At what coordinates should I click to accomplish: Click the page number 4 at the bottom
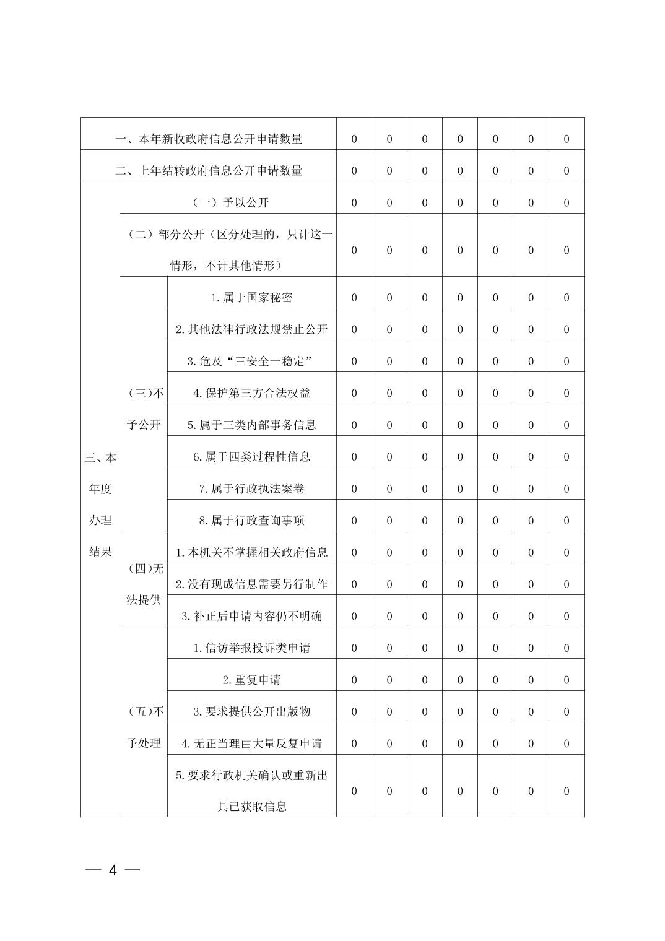click(x=113, y=870)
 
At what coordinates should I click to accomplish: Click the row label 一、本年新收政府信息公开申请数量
click(x=209, y=139)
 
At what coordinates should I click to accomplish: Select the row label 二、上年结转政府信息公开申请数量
click(x=209, y=171)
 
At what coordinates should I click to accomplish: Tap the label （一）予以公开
click(x=228, y=202)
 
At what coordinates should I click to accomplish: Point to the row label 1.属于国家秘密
click(x=251, y=298)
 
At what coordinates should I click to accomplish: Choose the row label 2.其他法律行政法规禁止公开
click(x=251, y=329)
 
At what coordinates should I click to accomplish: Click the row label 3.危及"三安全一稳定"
click(x=251, y=362)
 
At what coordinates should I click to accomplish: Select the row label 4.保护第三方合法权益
click(x=251, y=393)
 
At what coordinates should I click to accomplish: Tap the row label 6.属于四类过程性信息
click(x=251, y=457)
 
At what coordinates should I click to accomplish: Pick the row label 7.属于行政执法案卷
click(x=251, y=489)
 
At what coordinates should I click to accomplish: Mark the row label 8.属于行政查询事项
click(x=251, y=521)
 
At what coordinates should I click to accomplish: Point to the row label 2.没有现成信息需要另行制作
click(x=251, y=584)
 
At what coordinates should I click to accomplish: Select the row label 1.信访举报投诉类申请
click(x=251, y=648)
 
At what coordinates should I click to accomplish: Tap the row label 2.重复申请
click(x=251, y=680)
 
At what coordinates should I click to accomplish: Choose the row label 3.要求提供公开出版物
click(x=251, y=712)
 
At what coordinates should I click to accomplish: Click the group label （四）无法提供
click(x=144, y=584)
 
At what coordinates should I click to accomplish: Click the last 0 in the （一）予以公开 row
click(x=566, y=203)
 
